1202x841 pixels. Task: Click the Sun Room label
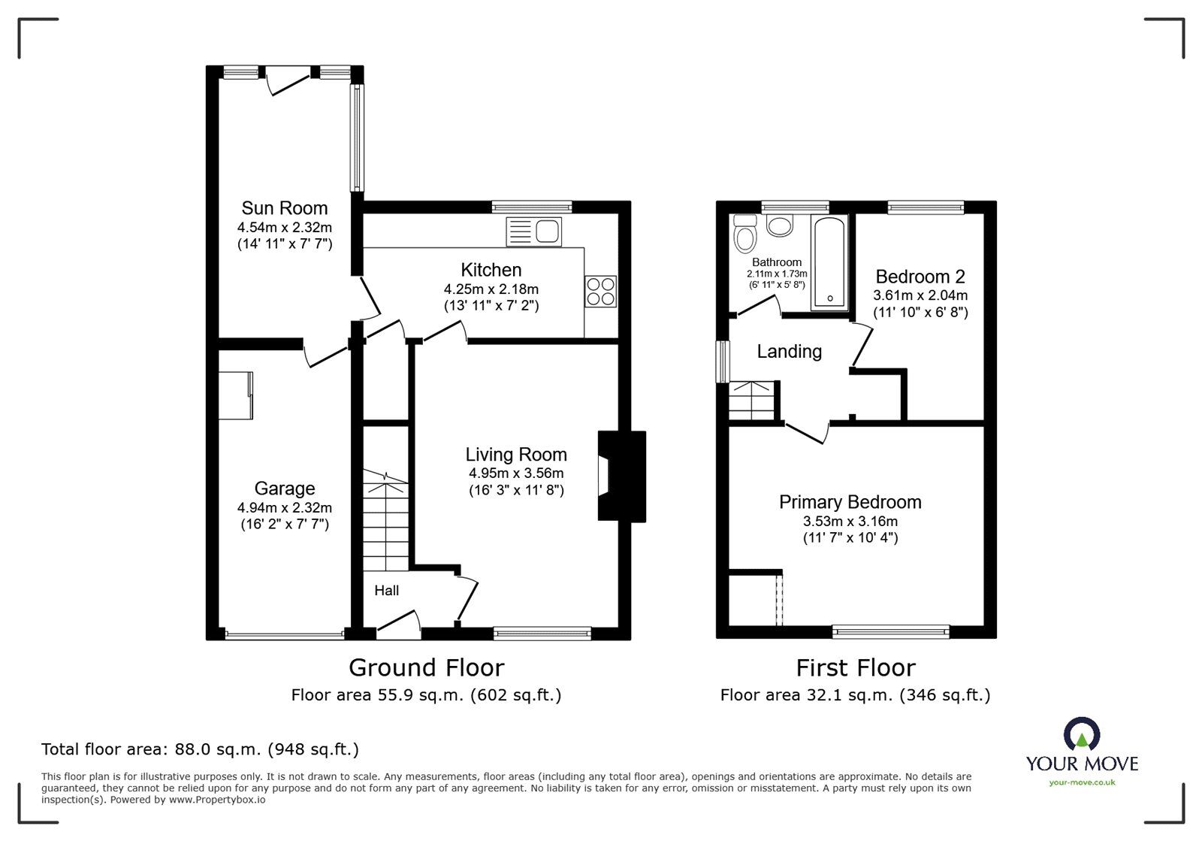click(x=284, y=207)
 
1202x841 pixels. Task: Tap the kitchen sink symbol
click(x=534, y=231)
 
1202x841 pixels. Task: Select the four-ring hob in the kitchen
click(x=601, y=291)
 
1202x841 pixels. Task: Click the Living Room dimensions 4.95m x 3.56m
click(x=516, y=473)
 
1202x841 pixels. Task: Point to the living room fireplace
click(x=621, y=476)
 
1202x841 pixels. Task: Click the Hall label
click(x=387, y=591)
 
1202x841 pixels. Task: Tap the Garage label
click(x=284, y=489)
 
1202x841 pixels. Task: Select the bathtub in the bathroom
click(x=829, y=262)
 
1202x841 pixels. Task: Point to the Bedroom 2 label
click(x=920, y=277)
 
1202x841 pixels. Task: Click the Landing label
click(x=789, y=351)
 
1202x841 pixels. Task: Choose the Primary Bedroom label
click(x=850, y=502)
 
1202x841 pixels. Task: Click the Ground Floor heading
click(x=426, y=667)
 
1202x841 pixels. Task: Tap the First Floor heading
click(x=856, y=667)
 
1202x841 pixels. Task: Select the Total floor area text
click(x=200, y=749)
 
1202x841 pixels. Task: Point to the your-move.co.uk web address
click(x=1082, y=782)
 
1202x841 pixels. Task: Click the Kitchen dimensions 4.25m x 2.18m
click(x=491, y=289)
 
